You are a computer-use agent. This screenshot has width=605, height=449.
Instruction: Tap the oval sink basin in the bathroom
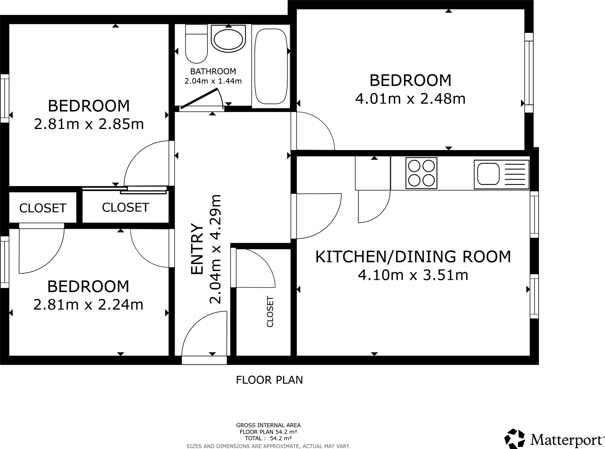[x=228, y=39]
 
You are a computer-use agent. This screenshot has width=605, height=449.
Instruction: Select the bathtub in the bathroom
[x=271, y=66]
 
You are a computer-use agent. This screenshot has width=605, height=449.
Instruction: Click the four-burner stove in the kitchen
[x=421, y=173]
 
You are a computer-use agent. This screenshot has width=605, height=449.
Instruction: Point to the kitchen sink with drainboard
[x=501, y=174]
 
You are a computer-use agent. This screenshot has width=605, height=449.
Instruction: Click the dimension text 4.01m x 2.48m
[x=410, y=99]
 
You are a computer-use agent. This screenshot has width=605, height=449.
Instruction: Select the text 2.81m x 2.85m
[x=89, y=124]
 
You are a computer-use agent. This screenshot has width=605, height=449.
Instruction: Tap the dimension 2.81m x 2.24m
[x=88, y=305]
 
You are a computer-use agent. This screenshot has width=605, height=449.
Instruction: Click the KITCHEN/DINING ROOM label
[x=413, y=257]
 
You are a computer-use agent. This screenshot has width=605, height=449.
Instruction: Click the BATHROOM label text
[x=213, y=71]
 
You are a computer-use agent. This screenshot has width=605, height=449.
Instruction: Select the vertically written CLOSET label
[x=270, y=312]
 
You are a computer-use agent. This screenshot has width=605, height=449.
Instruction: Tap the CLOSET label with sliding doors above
[x=126, y=208]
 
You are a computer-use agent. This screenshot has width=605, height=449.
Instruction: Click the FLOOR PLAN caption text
[x=269, y=380]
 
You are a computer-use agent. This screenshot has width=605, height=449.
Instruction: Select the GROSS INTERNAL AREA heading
[x=268, y=425]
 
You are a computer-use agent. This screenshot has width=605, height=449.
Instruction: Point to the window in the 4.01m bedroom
[x=529, y=73]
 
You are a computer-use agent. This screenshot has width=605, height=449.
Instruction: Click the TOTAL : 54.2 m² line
[x=268, y=438]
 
